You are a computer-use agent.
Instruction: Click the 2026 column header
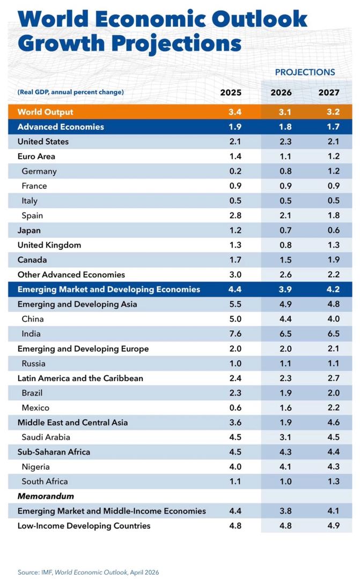(281, 92)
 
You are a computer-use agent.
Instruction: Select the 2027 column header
(329, 92)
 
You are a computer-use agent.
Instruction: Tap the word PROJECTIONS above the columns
(305, 72)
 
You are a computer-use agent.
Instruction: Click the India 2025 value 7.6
(235, 334)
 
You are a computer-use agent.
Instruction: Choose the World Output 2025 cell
(235, 112)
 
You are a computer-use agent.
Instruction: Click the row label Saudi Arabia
(46, 437)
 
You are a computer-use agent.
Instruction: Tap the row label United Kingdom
(49, 245)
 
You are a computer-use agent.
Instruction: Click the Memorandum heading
(46, 496)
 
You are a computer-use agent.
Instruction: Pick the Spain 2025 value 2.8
(235, 216)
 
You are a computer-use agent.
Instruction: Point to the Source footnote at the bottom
(89, 573)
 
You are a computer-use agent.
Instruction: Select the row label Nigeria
(36, 466)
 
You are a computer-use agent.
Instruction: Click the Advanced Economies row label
(61, 127)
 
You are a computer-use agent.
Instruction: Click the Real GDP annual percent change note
(71, 92)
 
